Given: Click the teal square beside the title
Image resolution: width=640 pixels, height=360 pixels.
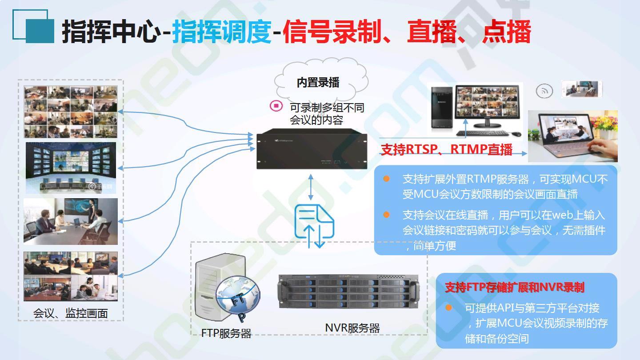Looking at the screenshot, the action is click(x=40, y=31).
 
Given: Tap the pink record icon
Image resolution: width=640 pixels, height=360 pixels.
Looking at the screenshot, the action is click(x=276, y=106).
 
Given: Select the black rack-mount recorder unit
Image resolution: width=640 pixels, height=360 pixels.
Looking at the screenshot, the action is click(x=312, y=149).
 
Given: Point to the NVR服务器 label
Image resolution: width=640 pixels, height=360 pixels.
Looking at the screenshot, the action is click(x=352, y=328).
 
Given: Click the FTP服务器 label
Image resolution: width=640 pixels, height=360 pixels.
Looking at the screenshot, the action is click(x=226, y=333).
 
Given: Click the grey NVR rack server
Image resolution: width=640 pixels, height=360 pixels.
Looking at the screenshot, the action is click(x=349, y=291).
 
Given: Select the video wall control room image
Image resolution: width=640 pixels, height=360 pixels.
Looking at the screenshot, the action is click(x=71, y=168).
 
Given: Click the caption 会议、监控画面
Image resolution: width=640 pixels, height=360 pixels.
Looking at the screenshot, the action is click(x=71, y=313).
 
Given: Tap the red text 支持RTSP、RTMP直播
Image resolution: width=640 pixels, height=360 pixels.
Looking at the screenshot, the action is click(x=447, y=149).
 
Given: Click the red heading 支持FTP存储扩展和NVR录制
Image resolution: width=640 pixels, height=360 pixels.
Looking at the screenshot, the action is click(x=515, y=288).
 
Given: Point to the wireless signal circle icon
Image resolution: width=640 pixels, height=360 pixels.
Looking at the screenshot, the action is click(x=544, y=91).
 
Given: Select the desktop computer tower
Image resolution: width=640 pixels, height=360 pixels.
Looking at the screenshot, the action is click(x=442, y=107).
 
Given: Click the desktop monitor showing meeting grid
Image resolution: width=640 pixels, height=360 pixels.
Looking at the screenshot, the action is click(x=488, y=106).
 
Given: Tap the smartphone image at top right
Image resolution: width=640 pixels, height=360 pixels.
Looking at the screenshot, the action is click(x=582, y=89).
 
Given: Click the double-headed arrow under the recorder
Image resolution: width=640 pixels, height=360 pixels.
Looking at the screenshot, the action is click(x=311, y=187).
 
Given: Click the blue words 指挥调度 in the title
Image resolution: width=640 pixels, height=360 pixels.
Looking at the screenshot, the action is click(x=222, y=31).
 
